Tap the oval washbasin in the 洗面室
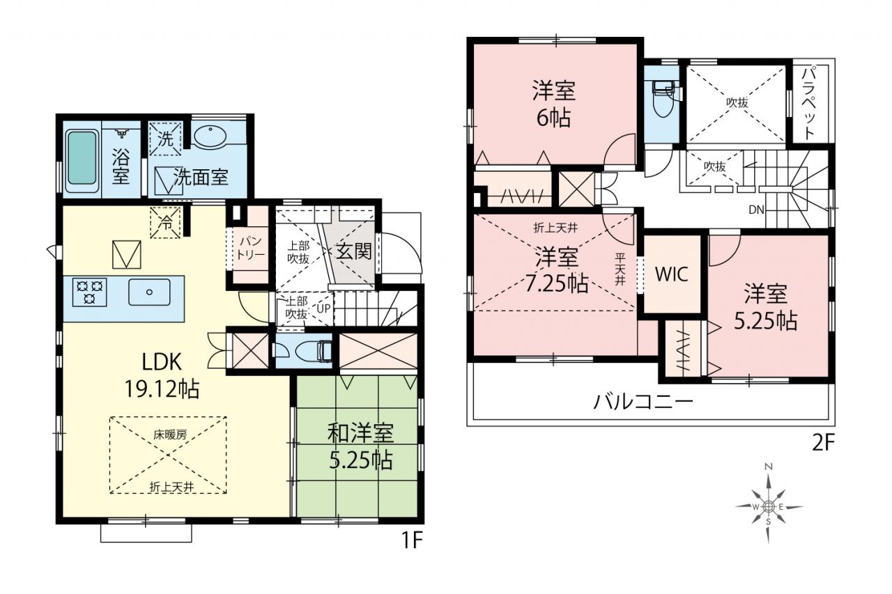coord(210,135)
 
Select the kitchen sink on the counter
coord(149,292)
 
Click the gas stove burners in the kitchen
coord(90,292)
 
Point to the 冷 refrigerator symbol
coord(165,222)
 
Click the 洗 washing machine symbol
coord(165,139)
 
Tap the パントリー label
coord(250,248)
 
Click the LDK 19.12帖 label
coord(162,375)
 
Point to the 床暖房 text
coord(170,435)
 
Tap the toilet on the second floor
coord(663,97)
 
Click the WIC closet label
coord(672,274)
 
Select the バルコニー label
coord(643,402)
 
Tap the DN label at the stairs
coord(756,210)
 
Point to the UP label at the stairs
coord(323,308)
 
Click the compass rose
coord(769,506)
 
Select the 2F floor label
coord(823,443)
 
